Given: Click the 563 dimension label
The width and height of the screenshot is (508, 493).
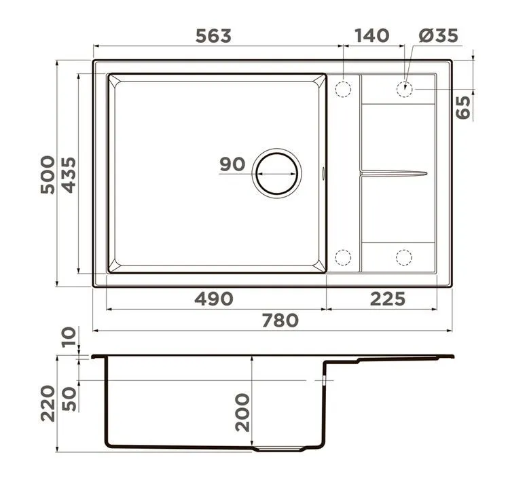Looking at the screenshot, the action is point(213,36).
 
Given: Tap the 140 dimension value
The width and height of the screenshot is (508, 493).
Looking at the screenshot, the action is point(371,35).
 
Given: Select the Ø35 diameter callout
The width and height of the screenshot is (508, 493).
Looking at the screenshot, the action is point(438,35).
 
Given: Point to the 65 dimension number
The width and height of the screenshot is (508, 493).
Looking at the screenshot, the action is point(463,107).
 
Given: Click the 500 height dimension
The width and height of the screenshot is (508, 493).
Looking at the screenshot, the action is point(48,175).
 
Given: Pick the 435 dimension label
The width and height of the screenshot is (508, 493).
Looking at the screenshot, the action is point(69,175).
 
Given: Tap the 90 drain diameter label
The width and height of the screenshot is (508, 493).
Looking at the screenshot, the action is point(232,164).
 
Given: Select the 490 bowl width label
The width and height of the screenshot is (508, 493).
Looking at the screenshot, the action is point(214,299).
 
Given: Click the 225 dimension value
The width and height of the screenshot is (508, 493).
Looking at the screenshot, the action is point(388,299).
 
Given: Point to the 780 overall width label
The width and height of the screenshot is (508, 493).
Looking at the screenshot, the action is point(280,321).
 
